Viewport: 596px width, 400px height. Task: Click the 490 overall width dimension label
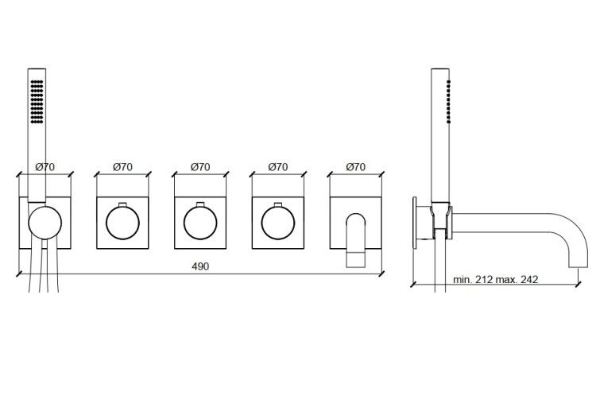(x=200, y=266)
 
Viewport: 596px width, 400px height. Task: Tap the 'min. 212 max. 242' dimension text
(x=495, y=279)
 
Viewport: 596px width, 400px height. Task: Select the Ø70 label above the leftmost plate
(x=45, y=166)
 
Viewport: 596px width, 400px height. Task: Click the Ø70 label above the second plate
(x=122, y=166)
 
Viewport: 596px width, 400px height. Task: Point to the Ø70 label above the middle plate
(x=200, y=166)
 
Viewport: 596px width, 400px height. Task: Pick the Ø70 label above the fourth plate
(x=278, y=166)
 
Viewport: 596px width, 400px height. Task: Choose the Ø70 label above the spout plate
(x=356, y=166)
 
